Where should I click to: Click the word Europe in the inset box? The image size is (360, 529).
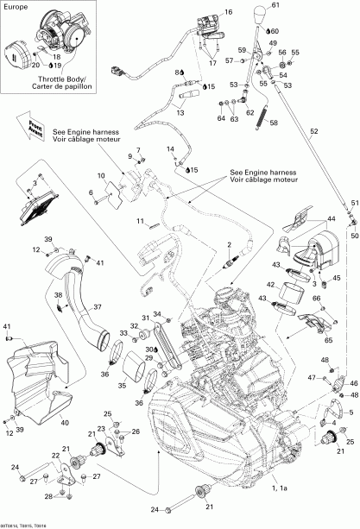click(x=18, y=7)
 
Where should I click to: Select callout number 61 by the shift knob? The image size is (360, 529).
click(x=277, y=6)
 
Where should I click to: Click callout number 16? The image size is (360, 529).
click(x=229, y=12)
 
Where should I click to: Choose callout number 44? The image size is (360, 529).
click(x=331, y=220)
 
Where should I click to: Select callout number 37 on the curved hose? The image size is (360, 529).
click(x=98, y=305)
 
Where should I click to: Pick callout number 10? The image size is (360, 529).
click(x=101, y=176)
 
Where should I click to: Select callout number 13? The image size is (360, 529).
click(x=181, y=112)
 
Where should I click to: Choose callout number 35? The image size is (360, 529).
click(x=122, y=362)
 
